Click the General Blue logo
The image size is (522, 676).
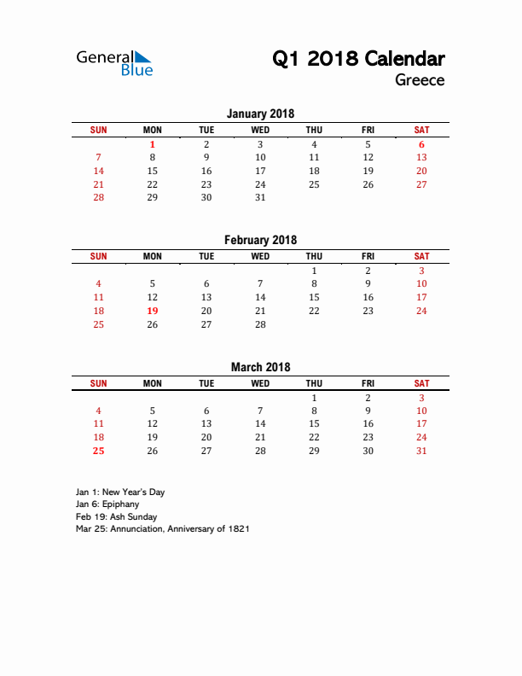[x=114, y=63]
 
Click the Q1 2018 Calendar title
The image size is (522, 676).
[x=358, y=59]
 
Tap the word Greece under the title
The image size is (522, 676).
[x=420, y=80]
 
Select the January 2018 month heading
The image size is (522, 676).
[x=260, y=114]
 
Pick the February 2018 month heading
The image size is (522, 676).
[x=260, y=240]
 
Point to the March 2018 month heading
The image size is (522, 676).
[x=260, y=367]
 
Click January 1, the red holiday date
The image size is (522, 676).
[x=153, y=144]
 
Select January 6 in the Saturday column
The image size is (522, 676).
[x=421, y=144]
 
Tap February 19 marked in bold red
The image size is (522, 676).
[x=153, y=311]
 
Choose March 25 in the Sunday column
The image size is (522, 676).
[x=99, y=451]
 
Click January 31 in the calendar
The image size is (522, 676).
[x=260, y=197]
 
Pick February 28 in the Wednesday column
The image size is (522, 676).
[x=260, y=324]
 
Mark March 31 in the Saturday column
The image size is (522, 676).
[x=421, y=451]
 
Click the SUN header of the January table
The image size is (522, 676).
[x=99, y=130]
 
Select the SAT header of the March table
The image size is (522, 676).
[x=421, y=383]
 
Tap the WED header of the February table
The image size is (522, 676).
[x=260, y=256]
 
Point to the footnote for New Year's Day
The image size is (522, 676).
[x=120, y=492]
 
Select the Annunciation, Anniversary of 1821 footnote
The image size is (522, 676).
[x=162, y=528]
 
